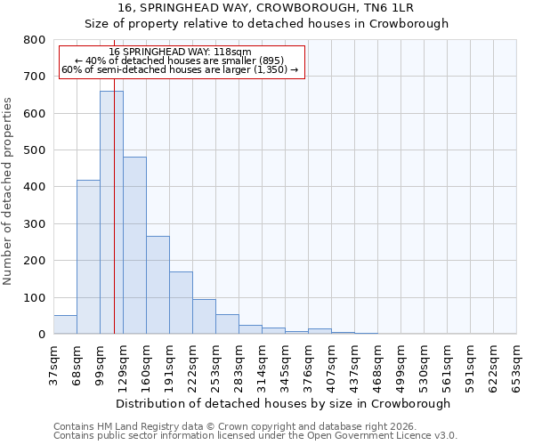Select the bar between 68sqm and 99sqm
(x=88, y=257)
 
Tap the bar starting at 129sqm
(x=134, y=246)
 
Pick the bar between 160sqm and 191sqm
(x=158, y=285)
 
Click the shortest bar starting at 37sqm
(x=65, y=325)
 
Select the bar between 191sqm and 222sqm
(x=181, y=303)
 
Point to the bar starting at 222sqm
(x=204, y=317)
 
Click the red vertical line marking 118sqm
(x=114, y=222)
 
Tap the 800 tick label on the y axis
(x=34, y=40)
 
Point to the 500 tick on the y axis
(x=34, y=150)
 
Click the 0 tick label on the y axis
(x=41, y=335)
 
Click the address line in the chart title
(x=266, y=8)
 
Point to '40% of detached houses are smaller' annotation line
(x=182, y=61)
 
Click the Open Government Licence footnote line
(x=255, y=436)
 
